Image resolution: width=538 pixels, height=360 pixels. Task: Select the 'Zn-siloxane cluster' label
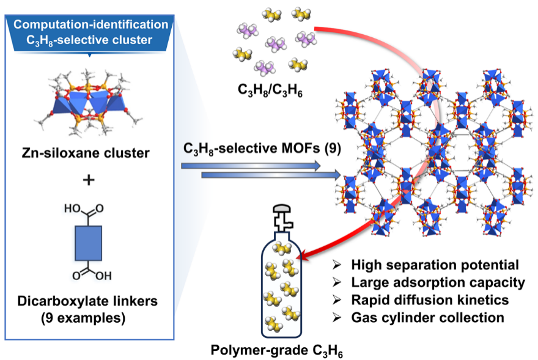pos(90,153)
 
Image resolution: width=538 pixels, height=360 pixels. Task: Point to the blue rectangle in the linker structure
pos(90,244)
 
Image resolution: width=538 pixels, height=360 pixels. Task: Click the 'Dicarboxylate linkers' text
pos(90,301)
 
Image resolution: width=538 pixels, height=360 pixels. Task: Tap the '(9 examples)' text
pos(90,318)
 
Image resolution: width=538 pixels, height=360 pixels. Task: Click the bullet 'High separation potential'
pos(434,265)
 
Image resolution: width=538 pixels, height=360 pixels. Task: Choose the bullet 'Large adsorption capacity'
pos(437,282)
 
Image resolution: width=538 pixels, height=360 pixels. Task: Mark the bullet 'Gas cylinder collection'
pos(427,318)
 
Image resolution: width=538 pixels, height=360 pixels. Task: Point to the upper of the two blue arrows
pos(251,165)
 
